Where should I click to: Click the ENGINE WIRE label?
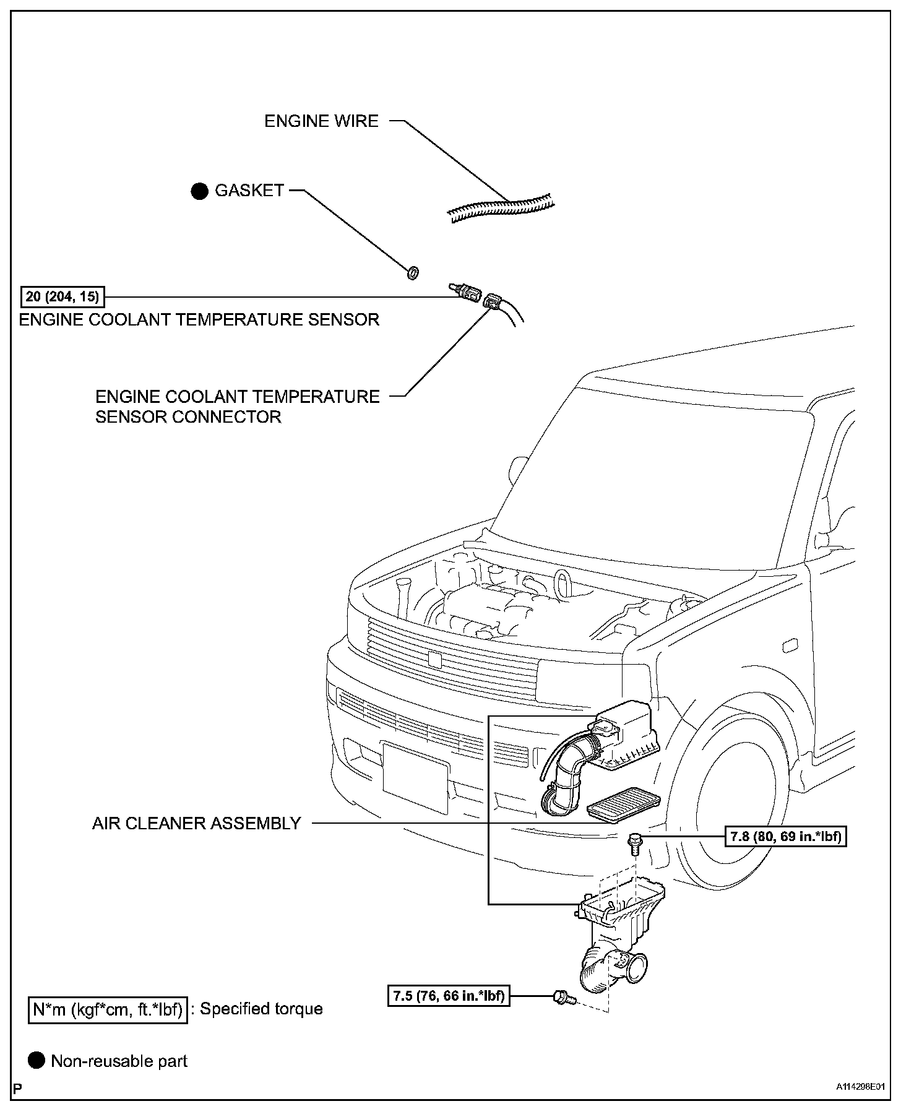[x=321, y=121]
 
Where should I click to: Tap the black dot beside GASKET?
[x=199, y=191]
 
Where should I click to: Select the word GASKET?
[x=249, y=191]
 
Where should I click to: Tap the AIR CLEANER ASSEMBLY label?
[x=196, y=823]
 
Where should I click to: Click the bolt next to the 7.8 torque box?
[x=634, y=843]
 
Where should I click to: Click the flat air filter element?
[x=623, y=808]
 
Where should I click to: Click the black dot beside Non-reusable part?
[x=37, y=1061]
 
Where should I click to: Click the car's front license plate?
[x=415, y=777]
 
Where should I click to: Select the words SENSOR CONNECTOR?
[x=188, y=416]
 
